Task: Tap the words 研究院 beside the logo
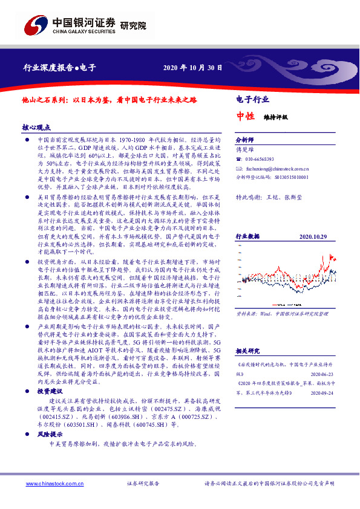[133, 25]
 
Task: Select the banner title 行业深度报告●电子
[59, 68]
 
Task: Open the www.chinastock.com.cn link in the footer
[49, 484]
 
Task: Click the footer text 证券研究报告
[142, 484]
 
